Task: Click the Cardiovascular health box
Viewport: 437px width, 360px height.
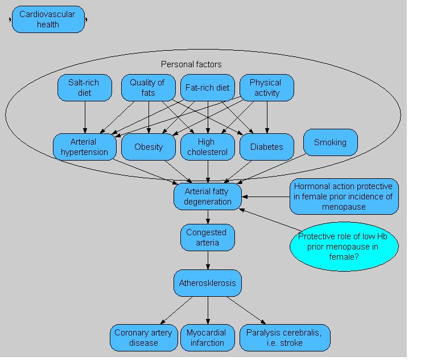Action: [48, 19]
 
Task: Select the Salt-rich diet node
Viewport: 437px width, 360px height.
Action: [84, 88]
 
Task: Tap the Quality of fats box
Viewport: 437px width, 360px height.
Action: [147, 88]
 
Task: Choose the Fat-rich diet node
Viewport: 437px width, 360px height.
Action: [207, 88]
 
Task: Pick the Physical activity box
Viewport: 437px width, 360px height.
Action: [266, 88]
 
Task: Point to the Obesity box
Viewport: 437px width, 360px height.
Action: [149, 147]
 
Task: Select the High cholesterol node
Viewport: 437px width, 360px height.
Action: [207, 147]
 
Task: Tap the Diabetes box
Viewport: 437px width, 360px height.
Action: [266, 147]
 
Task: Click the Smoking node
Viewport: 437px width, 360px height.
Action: [330, 142]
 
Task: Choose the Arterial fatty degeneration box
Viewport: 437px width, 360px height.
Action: [208, 196]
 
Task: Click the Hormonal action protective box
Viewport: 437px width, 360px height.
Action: [344, 197]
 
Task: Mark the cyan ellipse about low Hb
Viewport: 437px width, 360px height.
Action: [344, 247]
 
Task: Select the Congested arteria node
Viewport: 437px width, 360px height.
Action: [207, 238]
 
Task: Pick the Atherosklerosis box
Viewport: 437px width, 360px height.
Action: [207, 283]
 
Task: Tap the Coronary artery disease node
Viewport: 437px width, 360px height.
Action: [143, 338]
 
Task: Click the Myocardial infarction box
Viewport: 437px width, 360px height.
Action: [207, 338]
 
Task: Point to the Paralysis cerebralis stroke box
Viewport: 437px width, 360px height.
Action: [284, 338]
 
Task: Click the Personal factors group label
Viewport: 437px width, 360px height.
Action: [191, 64]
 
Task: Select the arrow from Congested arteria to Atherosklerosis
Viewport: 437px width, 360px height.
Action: [207, 260]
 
